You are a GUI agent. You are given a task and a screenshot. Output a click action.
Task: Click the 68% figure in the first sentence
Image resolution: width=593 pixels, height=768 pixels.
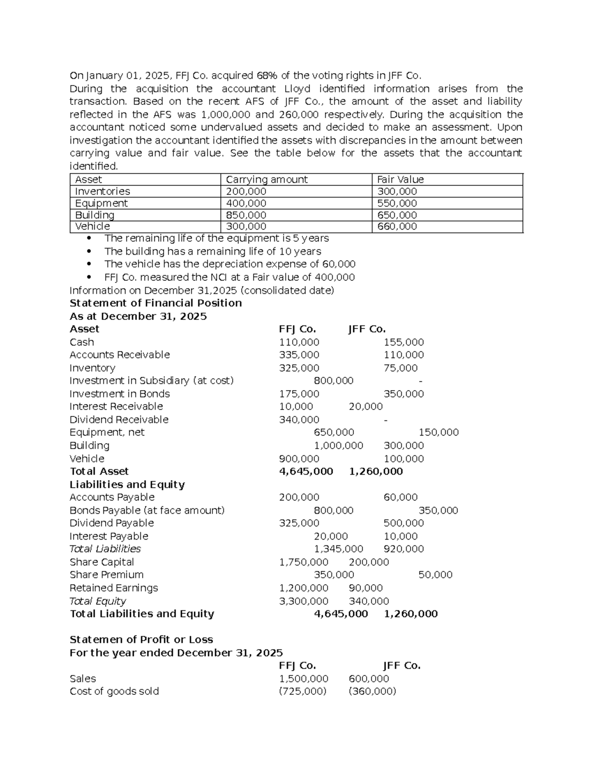click(267, 76)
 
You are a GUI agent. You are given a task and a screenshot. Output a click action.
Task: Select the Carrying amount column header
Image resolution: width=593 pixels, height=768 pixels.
click(266, 180)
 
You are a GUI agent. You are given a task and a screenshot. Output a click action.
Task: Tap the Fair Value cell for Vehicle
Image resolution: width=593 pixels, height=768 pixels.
click(397, 226)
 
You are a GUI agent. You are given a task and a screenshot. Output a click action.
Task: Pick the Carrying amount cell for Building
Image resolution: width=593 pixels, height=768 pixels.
click(246, 215)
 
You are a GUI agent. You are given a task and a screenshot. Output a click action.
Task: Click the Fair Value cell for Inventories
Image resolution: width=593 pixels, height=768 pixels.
click(397, 191)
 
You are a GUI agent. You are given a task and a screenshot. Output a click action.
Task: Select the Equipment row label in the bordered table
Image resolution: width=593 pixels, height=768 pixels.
click(101, 203)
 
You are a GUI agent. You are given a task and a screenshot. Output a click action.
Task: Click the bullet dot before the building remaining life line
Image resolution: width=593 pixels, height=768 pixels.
click(89, 251)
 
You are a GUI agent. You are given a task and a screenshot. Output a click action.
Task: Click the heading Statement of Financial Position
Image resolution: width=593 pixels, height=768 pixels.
click(156, 303)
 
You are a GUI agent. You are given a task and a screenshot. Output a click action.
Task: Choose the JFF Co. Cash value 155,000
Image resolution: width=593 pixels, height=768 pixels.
click(403, 342)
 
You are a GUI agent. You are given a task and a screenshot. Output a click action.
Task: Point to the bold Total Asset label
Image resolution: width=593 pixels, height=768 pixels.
click(99, 472)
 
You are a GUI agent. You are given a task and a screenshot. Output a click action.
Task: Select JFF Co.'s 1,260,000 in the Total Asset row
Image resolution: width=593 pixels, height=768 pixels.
click(376, 472)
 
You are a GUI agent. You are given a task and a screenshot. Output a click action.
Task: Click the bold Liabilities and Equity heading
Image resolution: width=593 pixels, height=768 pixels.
click(127, 485)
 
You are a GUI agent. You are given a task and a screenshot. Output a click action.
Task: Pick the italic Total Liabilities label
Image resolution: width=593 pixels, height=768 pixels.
click(105, 549)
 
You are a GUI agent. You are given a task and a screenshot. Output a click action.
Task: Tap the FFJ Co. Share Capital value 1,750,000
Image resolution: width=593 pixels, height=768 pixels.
click(303, 562)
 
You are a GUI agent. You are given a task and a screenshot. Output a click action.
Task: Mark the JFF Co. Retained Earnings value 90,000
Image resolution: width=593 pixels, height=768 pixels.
click(365, 588)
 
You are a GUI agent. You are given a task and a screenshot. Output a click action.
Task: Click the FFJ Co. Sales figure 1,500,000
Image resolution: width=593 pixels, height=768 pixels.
click(303, 679)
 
